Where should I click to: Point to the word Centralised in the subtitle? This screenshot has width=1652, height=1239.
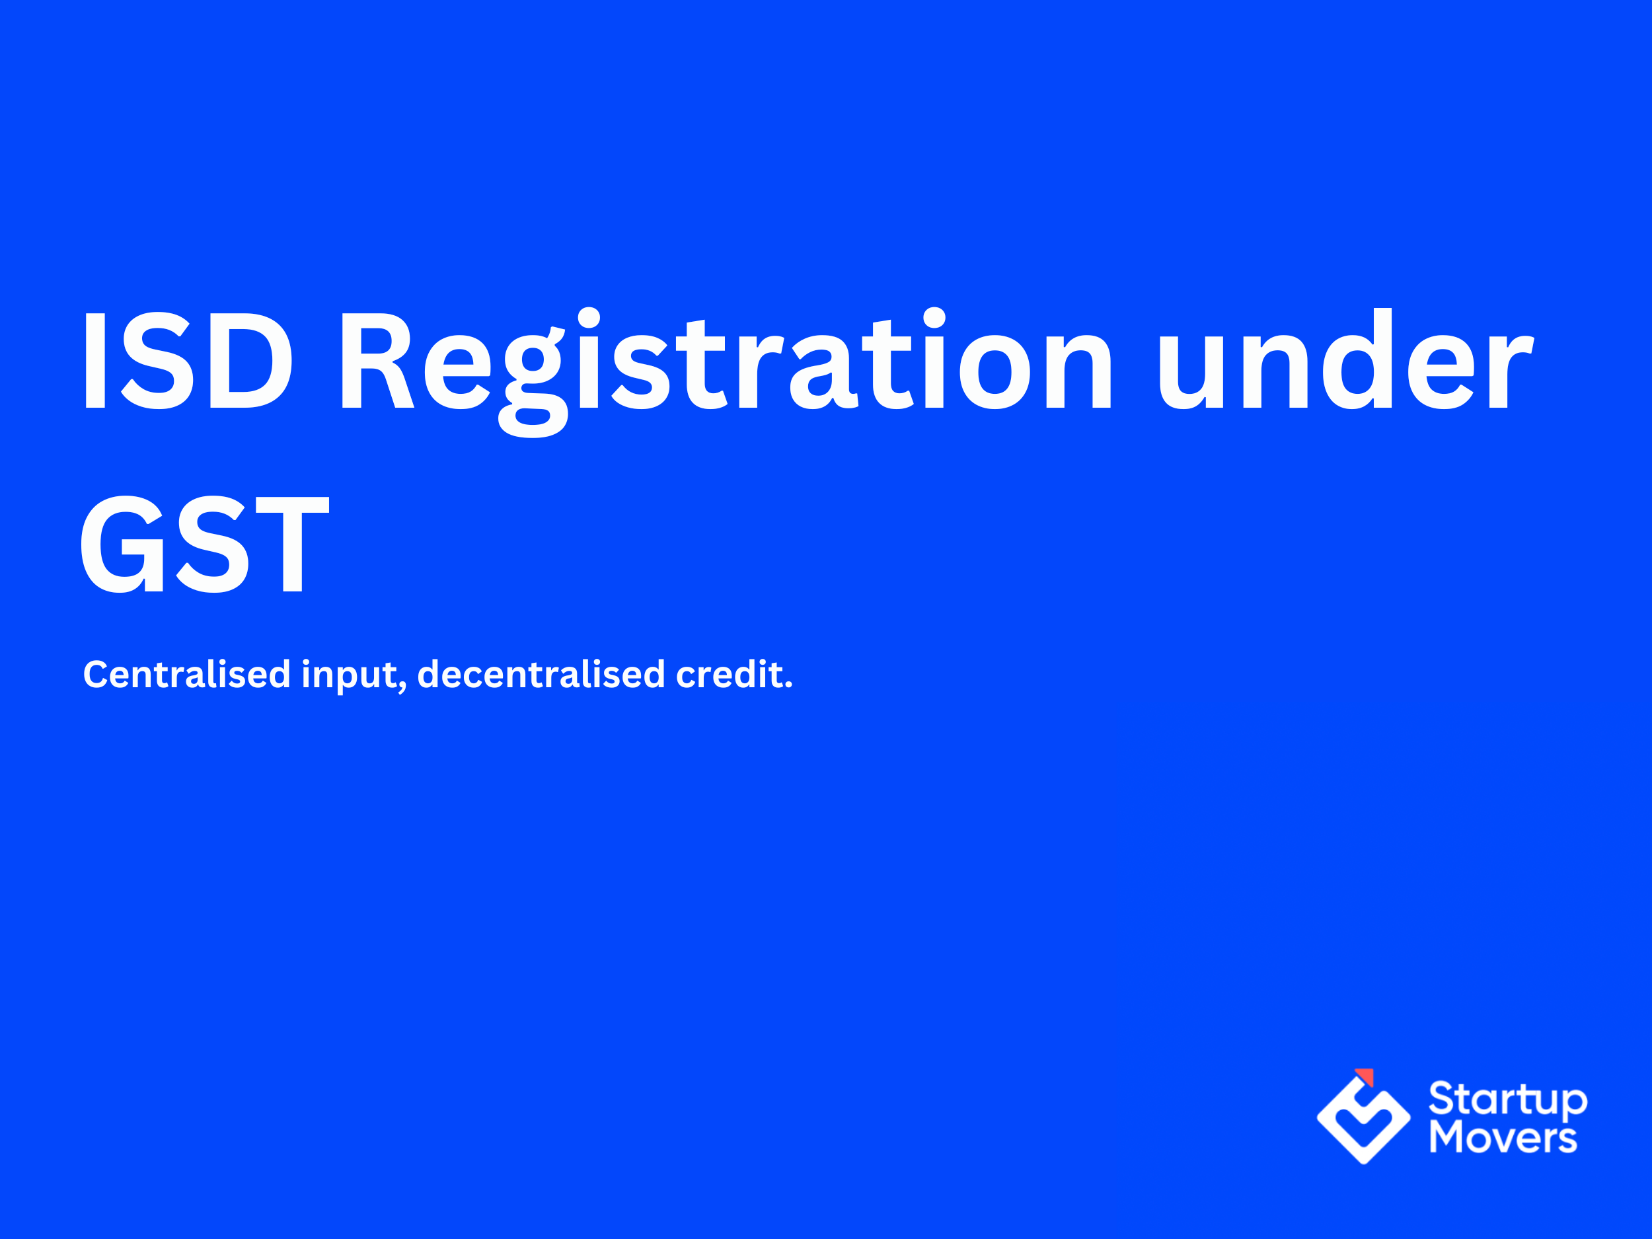click(187, 675)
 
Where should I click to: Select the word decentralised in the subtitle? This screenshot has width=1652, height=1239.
click(541, 675)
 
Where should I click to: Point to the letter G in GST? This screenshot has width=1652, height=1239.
click(122, 544)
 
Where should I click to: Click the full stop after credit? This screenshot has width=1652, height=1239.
click(788, 687)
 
